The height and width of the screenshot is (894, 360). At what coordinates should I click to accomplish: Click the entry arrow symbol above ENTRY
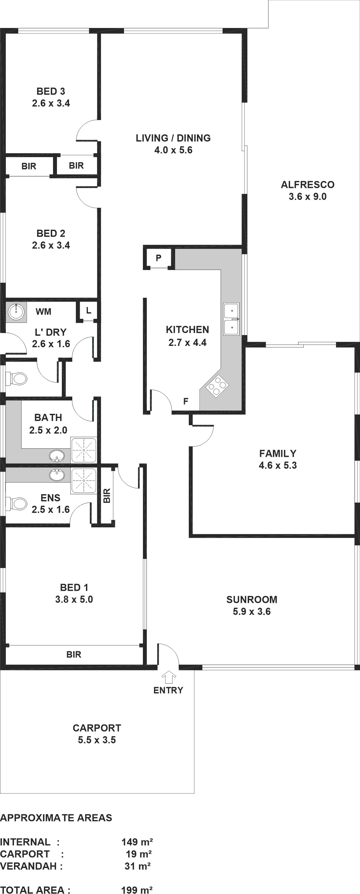169,677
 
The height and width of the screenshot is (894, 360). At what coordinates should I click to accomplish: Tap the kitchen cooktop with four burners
217,386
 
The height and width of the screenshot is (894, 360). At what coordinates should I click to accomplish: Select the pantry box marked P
158,258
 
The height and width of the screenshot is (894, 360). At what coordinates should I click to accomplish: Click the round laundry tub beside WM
15,311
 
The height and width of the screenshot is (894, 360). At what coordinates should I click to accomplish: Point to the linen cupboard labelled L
88,311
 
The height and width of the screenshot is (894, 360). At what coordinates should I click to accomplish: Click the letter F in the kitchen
186,401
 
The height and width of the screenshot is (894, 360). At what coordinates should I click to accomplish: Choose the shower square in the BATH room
84,450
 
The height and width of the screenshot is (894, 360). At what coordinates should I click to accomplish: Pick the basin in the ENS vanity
57,474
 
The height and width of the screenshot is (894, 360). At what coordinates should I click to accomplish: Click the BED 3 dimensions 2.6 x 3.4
51,103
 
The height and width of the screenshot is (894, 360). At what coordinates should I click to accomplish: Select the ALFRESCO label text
308,185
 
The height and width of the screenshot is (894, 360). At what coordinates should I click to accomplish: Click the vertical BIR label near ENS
107,495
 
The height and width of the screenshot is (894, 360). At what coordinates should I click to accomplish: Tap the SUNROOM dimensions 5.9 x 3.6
252,611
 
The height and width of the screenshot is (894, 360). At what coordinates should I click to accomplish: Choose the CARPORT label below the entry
97,728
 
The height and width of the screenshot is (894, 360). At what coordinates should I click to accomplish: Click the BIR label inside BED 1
74,654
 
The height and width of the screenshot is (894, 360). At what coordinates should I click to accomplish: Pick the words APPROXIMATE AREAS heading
56,818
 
